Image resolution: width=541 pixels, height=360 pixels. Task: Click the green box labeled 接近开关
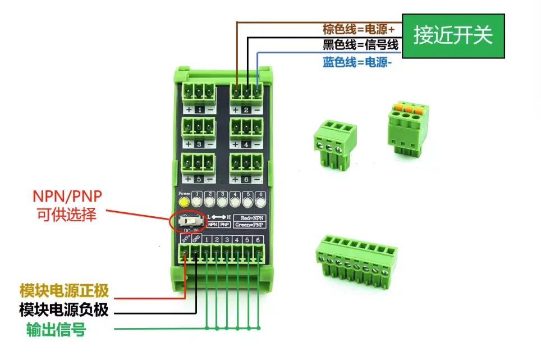click(453, 36)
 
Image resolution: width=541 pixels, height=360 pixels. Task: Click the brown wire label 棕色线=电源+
click(358, 29)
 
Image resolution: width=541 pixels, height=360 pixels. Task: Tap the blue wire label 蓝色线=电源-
click(357, 62)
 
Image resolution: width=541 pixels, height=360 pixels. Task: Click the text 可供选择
click(67, 214)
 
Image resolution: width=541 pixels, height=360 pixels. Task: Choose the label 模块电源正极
click(63, 290)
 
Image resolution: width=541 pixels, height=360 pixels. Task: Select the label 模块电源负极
click(63, 309)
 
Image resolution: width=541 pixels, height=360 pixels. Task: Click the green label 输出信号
click(56, 329)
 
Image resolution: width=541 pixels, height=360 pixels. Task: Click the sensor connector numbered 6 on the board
click(246, 163)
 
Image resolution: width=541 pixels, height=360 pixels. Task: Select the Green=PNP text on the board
click(250, 225)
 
